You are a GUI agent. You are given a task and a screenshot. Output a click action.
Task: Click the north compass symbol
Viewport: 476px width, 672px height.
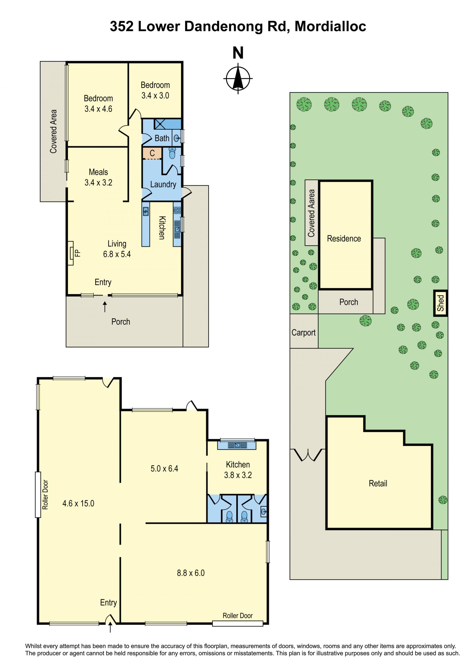point(238,78)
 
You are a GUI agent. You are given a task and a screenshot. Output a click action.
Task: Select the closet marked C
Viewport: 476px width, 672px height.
point(152,153)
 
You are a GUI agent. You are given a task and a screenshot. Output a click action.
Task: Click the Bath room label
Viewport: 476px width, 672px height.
point(162,138)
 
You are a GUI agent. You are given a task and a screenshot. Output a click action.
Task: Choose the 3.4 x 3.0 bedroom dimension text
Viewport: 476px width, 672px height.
point(155,95)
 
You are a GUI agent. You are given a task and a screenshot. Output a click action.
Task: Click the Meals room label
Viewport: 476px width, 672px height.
point(98,172)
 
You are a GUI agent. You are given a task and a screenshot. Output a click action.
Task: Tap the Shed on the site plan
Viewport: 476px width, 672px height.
point(441,303)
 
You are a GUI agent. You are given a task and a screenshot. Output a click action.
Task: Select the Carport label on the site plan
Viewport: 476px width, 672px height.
point(303,333)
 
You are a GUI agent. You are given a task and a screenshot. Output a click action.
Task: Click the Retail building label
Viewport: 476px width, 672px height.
point(378,483)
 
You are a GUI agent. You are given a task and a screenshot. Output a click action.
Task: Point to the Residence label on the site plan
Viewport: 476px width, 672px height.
point(344,239)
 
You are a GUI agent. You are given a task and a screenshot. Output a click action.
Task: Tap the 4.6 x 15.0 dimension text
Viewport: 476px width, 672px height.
point(78,503)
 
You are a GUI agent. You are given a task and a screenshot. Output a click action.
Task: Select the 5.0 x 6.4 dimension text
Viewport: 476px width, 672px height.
point(164,468)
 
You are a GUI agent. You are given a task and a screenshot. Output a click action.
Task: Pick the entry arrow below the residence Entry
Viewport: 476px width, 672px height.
point(105,307)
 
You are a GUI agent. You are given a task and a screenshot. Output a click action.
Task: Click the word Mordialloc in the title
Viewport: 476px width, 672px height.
point(330,26)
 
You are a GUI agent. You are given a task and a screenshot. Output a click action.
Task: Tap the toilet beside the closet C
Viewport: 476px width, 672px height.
point(172,153)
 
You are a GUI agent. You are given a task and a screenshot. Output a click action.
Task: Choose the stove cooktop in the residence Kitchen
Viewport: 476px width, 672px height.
point(177,210)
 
